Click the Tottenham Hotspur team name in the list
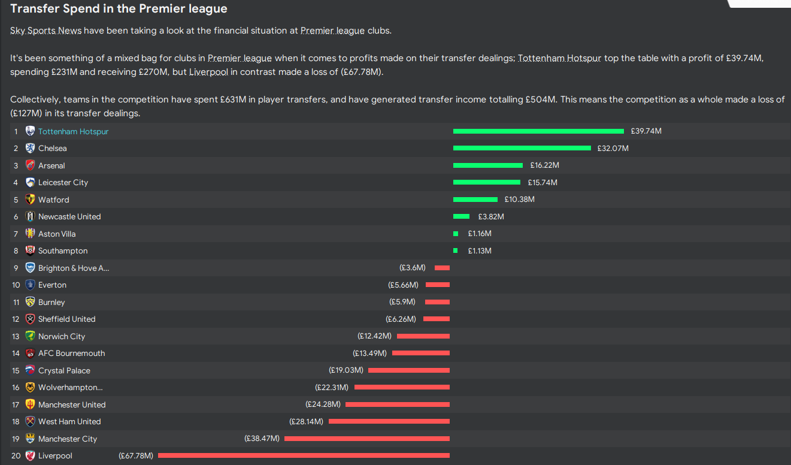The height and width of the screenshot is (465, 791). click(x=73, y=131)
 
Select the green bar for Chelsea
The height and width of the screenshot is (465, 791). click(x=522, y=148)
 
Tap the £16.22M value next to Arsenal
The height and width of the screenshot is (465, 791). click(x=544, y=165)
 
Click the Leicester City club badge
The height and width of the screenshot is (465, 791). click(x=30, y=182)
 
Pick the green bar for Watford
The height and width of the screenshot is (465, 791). click(x=475, y=200)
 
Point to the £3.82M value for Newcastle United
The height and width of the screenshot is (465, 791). click(x=491, y=216)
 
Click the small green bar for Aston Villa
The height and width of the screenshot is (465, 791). click(x=456, y=234)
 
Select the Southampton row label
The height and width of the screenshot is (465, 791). click(x=63, y=250)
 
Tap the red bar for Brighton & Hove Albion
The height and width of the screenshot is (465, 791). click(x=442, y=268)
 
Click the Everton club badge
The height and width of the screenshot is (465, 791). click(x=30, y=285)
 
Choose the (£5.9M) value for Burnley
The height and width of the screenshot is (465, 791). click(x=402, y=302)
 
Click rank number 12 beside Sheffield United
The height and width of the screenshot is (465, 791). click(x=16, y=319)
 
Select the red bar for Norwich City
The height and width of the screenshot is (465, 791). click(x=423, y=336)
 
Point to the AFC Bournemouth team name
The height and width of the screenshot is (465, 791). click(x=71, y=353)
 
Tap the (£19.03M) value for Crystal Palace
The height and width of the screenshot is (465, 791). click(x=346, y=370)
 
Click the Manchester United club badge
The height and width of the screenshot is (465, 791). click(x=30, y=404)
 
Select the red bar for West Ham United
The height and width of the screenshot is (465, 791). click(x=389, y=421)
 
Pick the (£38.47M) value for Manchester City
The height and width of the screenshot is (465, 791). click(x=262, y=439)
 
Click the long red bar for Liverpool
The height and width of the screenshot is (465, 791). click(x=304, y=455)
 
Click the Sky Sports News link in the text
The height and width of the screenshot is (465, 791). click(x=46, y=31)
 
